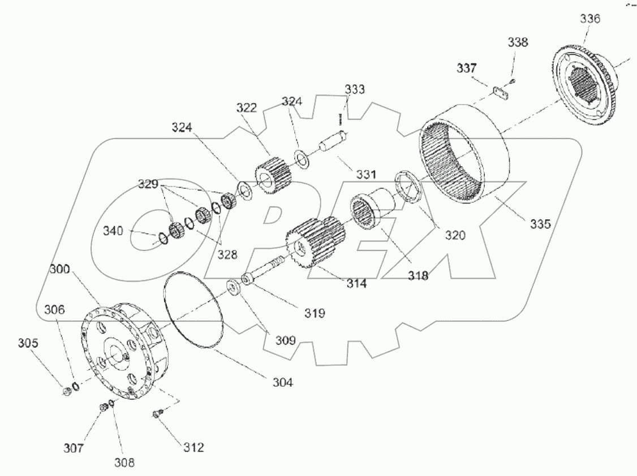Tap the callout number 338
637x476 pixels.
(518, 42)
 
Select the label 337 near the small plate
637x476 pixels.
(468, 68)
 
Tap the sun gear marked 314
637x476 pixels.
(314, 243)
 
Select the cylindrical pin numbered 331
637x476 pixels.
(334, 141)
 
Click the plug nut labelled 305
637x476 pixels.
(67, 390)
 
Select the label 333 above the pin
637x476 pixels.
(355, 89)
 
